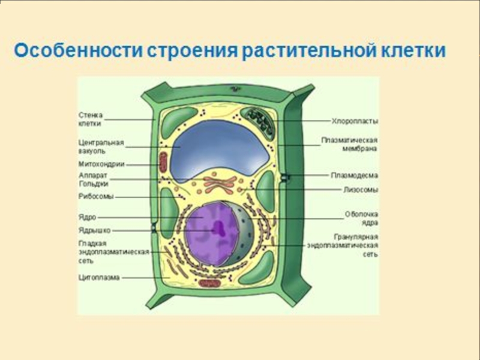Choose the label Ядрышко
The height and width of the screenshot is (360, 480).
[x=95, y=230]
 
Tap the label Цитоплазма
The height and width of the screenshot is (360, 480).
[x=99, y=278]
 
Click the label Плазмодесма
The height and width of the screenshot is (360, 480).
[x=354, y=176]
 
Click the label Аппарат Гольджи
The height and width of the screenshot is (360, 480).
[x=93, y=179]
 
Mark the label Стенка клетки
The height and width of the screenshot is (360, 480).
[x=91, y=119]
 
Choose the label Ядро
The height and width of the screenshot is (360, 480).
[x=88, y=217]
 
